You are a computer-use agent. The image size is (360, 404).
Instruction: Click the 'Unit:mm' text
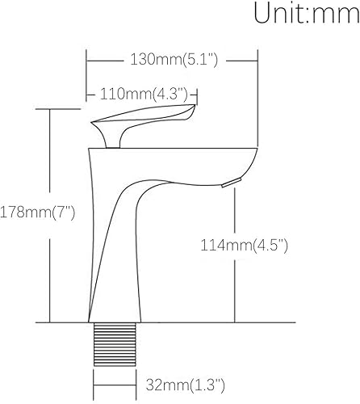(x=306, y=14)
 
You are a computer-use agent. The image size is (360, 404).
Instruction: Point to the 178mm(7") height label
(x=38, y=213)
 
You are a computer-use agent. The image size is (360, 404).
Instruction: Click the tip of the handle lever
(x=192, y=110)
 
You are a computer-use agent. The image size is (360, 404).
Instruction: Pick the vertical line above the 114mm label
(x=235, y=210)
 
